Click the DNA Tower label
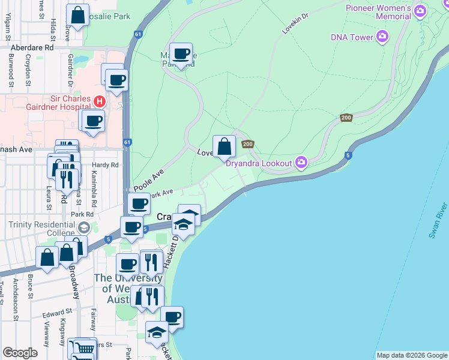352,37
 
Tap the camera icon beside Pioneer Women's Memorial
420,11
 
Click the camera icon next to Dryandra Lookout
301,161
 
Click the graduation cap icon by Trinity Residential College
83,228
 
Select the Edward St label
56,312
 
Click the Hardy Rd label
106,165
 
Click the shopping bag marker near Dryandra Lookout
224,146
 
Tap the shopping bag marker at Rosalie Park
77,16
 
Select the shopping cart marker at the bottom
85,348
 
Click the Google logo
20,353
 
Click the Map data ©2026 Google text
412,355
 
